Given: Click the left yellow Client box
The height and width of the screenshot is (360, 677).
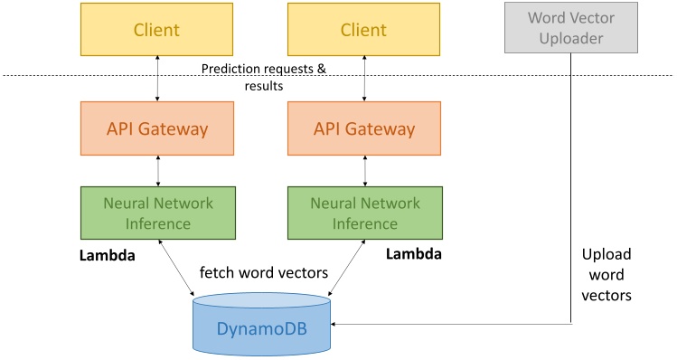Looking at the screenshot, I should coord(157,30).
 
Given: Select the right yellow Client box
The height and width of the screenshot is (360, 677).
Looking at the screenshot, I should coord(364,30).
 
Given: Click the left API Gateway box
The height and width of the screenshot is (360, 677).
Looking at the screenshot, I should coord(157,128).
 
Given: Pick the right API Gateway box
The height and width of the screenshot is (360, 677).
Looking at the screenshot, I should coord(364,128).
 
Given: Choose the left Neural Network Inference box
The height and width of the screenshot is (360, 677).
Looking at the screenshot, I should coord(157,213).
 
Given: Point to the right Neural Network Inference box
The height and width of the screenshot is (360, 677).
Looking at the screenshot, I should coord(364,213).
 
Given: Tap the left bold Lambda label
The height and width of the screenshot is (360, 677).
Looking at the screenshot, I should coord(108,256).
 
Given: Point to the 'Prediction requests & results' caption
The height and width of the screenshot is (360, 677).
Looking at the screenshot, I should coord(262,77).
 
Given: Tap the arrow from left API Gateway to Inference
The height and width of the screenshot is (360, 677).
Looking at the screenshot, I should coord(158,170).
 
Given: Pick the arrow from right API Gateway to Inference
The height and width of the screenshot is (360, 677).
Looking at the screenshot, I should coord(365,170).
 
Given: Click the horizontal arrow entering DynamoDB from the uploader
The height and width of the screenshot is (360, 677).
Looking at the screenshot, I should coord(452,323).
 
